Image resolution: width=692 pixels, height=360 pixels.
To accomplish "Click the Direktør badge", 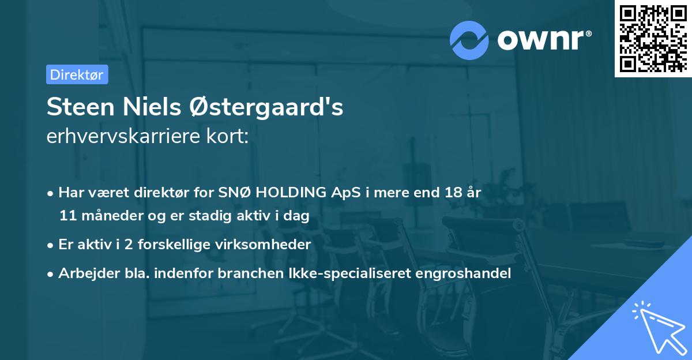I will (77, 74).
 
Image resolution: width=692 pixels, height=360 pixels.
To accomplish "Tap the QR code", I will (652, 39).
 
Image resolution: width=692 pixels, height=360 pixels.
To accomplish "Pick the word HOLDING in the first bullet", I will (289, 193).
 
